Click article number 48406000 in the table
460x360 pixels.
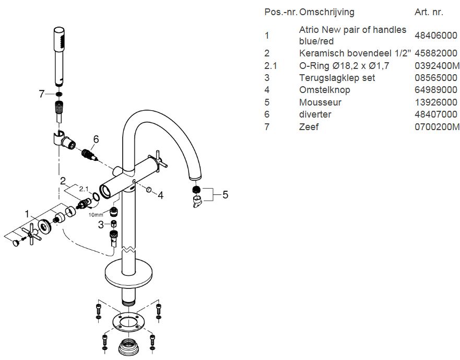(x=435, y=36)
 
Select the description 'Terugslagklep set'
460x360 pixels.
(x=337, y=78)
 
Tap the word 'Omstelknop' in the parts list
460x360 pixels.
(x=324, y=90)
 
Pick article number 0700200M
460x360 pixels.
(x=437, y=126)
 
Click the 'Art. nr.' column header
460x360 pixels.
(x=429, y=12)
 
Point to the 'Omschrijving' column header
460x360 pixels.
(x=327, y=12)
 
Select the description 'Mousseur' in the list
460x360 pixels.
(x=320, y=102)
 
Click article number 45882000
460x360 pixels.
(x=435, y=53)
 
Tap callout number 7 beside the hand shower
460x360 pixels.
(x=42, y=94)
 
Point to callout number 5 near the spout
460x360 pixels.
(x=225, y=195)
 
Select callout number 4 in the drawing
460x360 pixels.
(x=161, y=195)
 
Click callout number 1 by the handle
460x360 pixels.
(x=28, y=213)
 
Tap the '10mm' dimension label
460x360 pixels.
(x=96, y=214)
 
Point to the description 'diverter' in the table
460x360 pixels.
(x=315, y=114)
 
